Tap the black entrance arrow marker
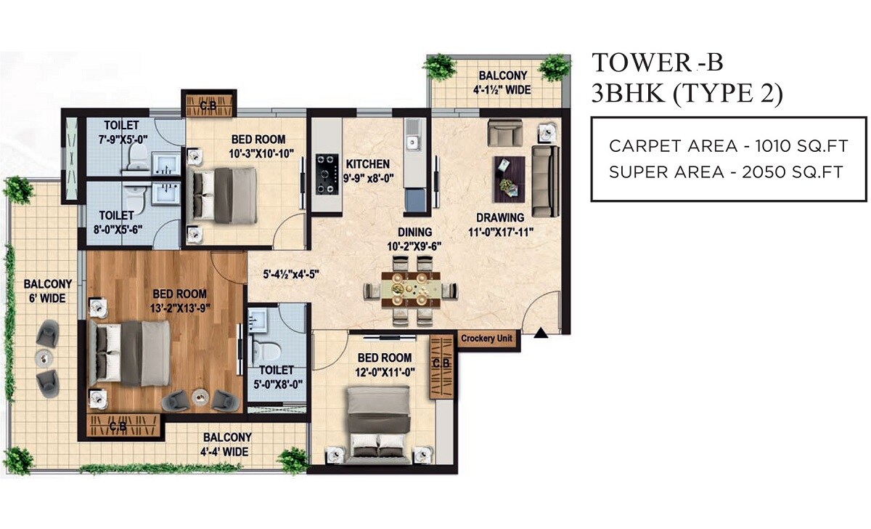[540, 334]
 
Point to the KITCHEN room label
[367, 164]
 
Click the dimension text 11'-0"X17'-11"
[500, 232]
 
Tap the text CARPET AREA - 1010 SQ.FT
[728, 145]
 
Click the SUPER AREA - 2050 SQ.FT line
[725, 172]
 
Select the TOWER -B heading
[658, 63]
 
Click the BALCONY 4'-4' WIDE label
[227, 444]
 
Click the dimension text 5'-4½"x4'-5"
[291, 275]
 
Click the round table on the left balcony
[45, 357]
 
